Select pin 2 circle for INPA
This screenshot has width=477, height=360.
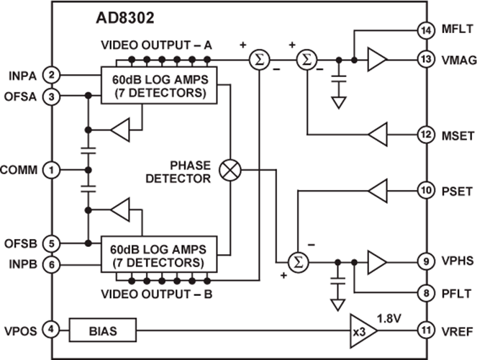coord(51,74)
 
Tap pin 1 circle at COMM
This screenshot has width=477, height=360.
coord(51,170)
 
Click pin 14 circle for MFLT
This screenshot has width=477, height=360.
coord(424,30)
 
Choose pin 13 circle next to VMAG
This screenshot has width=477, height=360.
coord(424,61)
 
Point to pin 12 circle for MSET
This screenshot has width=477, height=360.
coord(424,134)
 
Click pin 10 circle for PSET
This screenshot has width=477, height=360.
coord(424,191)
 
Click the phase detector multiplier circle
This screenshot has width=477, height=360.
coord(232,170)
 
